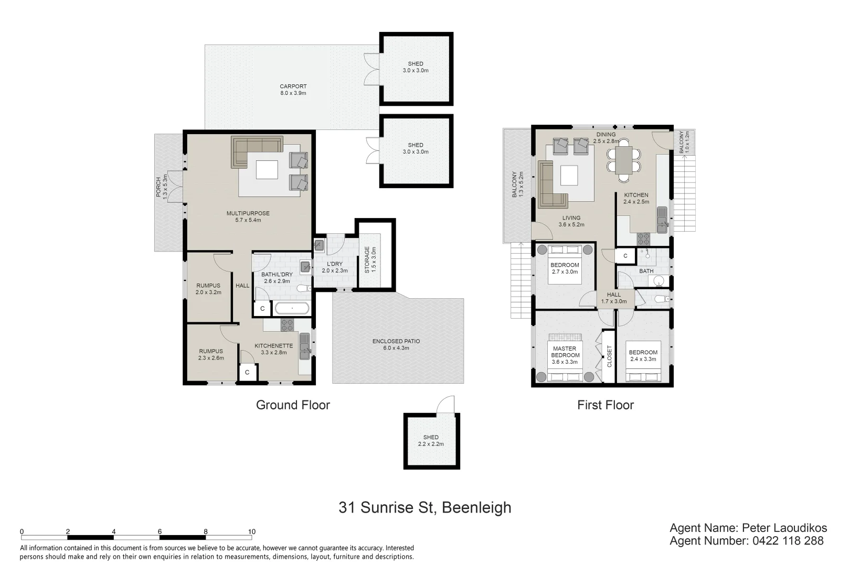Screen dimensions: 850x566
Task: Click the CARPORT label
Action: pos(293,90)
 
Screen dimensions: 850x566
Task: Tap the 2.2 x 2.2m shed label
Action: pos(431,441)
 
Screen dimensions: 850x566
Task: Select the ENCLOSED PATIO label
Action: pos(396,345)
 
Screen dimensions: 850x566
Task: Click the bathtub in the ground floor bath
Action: pos(292,309)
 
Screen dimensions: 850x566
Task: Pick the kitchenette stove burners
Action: pos(287,325)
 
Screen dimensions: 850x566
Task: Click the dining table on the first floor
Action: pos(624,160)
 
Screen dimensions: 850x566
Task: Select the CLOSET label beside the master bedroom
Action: pos(609,356)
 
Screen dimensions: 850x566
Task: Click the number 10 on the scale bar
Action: pos(251,531)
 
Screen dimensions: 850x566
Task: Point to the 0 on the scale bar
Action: pos(22,531)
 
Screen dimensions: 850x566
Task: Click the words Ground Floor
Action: pos(293,405)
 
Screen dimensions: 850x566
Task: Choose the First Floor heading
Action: pos(605,405)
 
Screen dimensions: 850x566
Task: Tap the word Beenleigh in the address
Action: pos(476,508)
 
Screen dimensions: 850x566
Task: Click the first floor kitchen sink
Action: pos(662,220)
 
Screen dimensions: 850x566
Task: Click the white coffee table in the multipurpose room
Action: pos(267,170)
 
